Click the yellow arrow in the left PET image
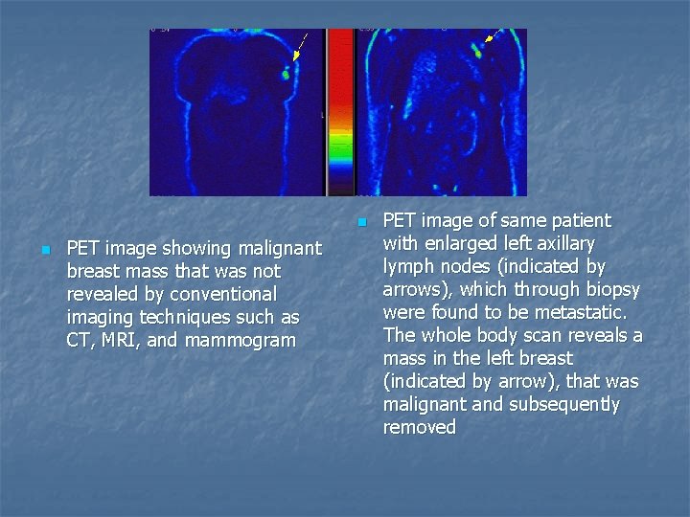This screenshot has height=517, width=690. (298, 49)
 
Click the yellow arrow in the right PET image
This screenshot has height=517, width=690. (492, 36)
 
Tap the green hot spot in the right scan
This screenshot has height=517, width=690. (477, 53)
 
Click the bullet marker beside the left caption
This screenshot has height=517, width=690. (44, 249)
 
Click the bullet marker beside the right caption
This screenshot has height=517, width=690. (360, 221)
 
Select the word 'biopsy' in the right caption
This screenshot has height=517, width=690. (610, 289)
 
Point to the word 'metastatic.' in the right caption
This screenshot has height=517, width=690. (578, 312)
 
